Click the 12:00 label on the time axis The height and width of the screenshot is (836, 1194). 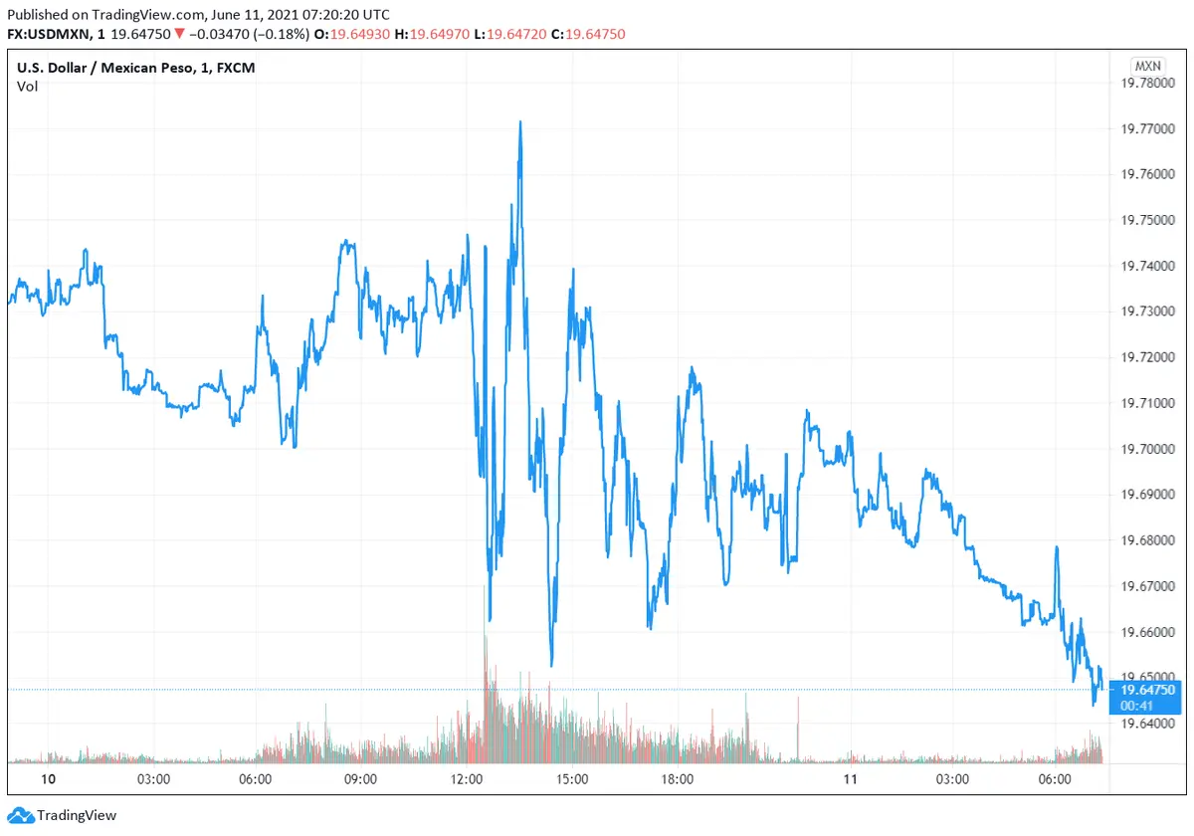pos(467,779)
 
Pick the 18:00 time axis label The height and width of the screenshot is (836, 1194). pos(678,779)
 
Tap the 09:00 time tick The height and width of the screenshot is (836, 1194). pos(360,779)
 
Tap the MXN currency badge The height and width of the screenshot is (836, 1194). pos(1147,66)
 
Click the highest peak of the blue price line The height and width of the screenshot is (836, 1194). pos(519,122)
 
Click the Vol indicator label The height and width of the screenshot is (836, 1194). pos(27,87)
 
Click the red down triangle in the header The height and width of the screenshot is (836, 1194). pos(177,34)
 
